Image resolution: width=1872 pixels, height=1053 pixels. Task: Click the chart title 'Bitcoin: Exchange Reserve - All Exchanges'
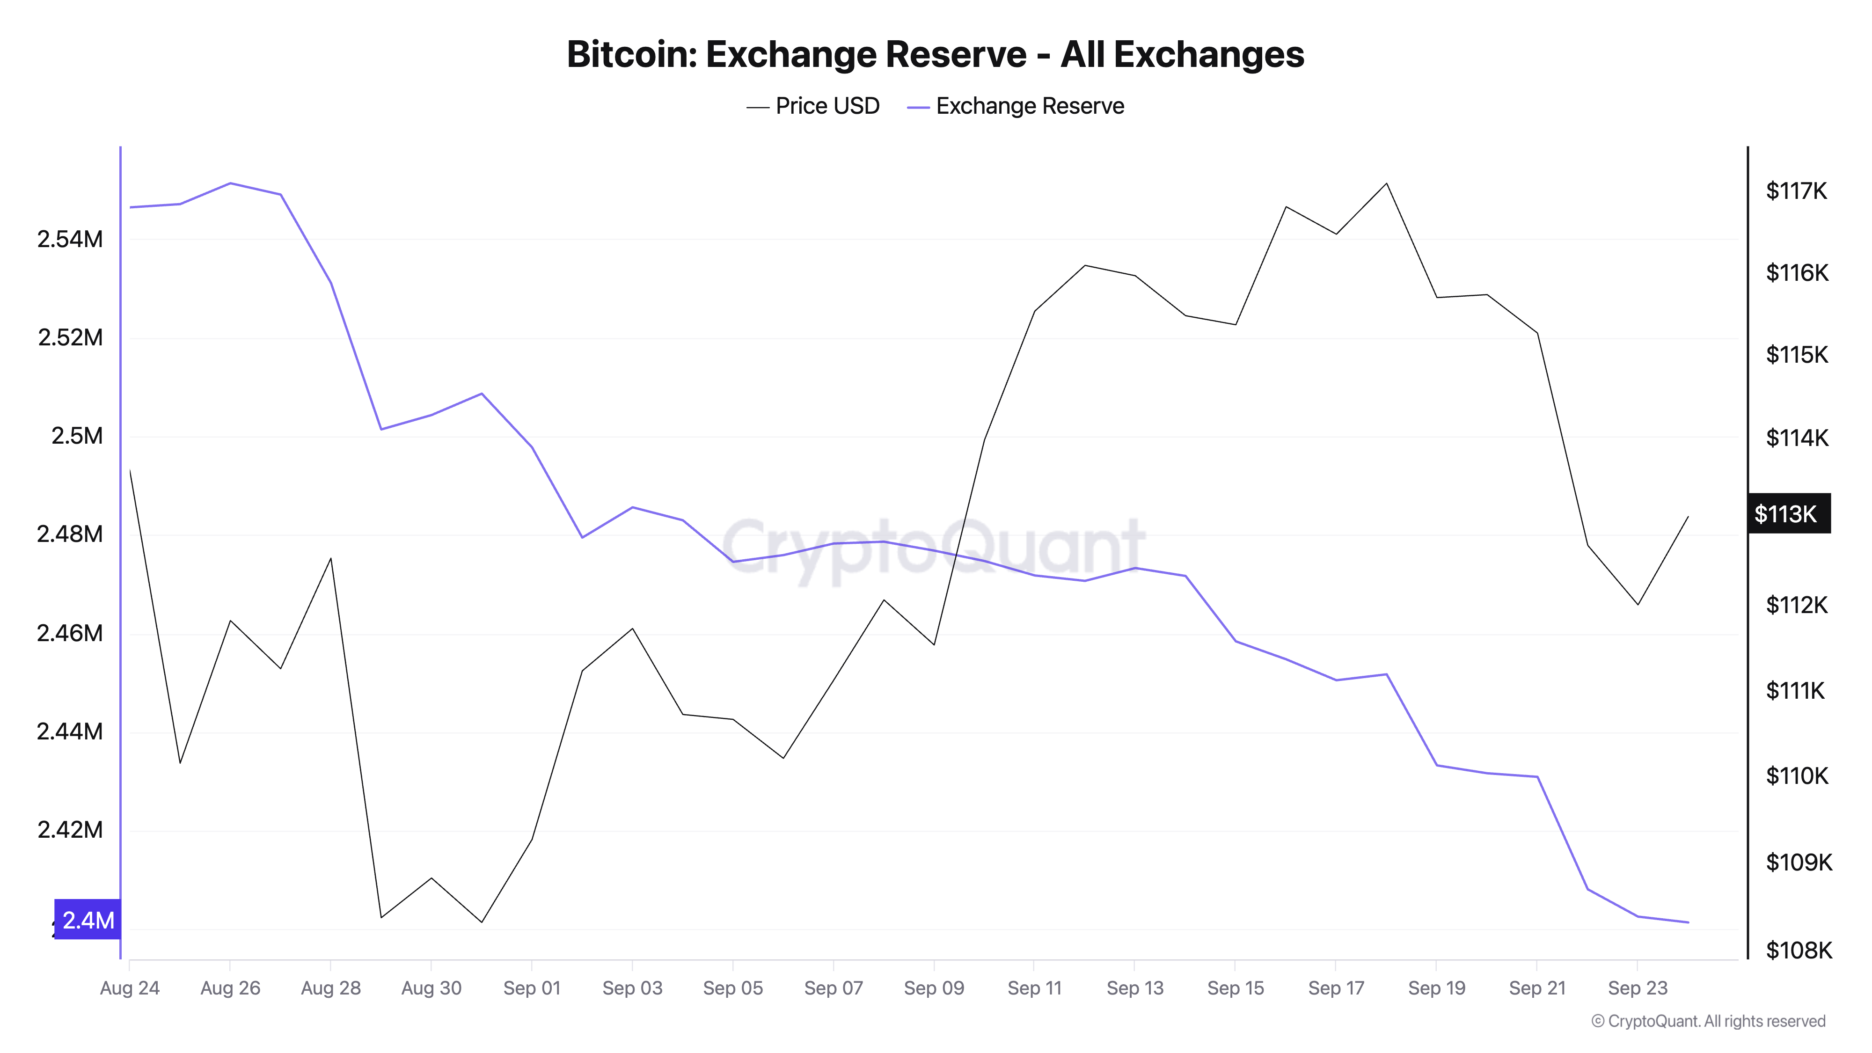pos(935,54)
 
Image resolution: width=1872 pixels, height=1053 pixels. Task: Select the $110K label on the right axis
pos(1797,776)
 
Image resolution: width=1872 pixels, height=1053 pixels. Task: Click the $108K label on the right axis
pos(1799,950)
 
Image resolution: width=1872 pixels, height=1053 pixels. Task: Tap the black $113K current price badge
pos(1788,514)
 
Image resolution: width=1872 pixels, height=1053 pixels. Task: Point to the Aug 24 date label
pos(129,988)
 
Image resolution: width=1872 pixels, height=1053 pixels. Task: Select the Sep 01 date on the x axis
pos(532,988)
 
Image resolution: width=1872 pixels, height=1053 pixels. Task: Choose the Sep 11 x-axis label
pos(1034,988)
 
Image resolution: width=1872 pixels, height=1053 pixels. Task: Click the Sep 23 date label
pos(1637,988)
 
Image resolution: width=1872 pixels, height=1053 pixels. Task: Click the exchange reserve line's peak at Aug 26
pos(230,183)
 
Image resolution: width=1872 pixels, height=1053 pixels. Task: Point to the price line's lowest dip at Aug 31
pos(482,922)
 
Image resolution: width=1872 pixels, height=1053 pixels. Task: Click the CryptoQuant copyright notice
pos(1708,1021)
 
